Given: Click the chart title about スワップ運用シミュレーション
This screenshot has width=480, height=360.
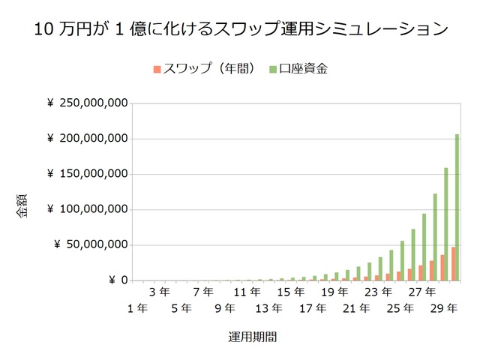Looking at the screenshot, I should (x=240, y=30).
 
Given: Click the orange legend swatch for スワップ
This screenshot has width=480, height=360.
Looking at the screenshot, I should (x=157, y=69).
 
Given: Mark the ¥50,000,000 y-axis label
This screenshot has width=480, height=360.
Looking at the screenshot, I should (x=89, y=244).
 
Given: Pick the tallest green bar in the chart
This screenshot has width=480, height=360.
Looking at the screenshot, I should (x=457, y=207).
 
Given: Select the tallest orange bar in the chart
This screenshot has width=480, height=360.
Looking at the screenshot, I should (x=453, y=263).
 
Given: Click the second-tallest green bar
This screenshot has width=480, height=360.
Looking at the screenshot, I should (x=446, y=223).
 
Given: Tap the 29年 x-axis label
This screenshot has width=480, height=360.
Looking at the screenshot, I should (x=444, y=307).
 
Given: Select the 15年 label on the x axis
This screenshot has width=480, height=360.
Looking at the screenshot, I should (x=291, y=291).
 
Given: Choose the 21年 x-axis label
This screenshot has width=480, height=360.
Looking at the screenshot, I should (x=356, y=307).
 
